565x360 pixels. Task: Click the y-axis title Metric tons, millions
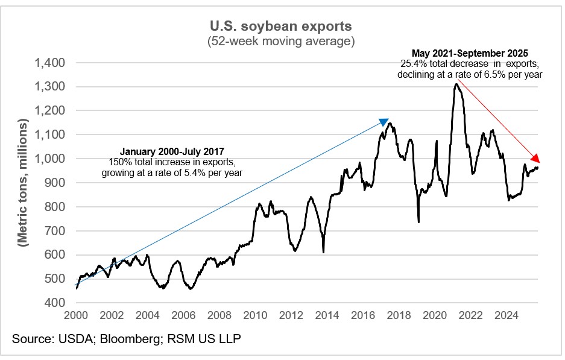tap(24, 183)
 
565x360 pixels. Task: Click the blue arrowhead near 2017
tap(383, 122)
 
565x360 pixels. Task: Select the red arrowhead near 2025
tap(535, 159)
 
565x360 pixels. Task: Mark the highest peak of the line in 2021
tap(456, 84)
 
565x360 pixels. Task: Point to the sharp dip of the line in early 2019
tap(418, 221)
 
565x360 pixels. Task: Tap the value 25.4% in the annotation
tap(411, 64)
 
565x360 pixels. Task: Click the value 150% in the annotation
tap(119, 162)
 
